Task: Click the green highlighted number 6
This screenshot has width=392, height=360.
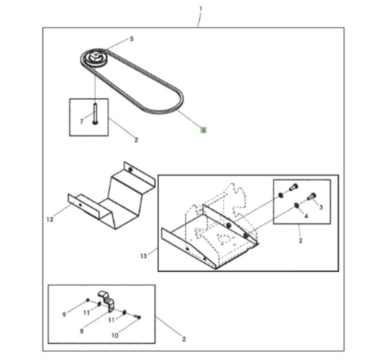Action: (x=204, y=130)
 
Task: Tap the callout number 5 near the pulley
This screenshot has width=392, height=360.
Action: (x=132, y=39)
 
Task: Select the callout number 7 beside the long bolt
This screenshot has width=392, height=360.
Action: (x=81, y=122)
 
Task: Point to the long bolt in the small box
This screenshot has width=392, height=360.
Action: (x=95, y=113)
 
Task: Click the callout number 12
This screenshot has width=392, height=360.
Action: (x=50, y=219)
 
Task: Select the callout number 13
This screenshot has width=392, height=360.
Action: (x=144, y=256)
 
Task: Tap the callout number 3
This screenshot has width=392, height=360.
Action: (x=321, y=207)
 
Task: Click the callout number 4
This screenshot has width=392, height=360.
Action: (x=306, y=216)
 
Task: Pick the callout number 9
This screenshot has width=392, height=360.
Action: (x=64, y=315)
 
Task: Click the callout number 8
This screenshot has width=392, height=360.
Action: (x=82, y=331)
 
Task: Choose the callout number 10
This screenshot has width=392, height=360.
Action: (x=115, y=335)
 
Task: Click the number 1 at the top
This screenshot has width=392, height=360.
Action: (x=201, y=9)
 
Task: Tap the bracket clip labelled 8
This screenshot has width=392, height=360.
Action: (x=107, y=301)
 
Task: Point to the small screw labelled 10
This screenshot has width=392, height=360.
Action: (x=138, y=317)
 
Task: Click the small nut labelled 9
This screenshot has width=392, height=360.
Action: (x=88, y=300)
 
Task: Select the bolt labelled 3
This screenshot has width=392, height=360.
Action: (x=311, y=196)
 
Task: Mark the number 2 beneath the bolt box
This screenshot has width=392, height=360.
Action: (x=136, y=140)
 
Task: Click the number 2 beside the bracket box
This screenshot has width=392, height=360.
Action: (x=184, y=339)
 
